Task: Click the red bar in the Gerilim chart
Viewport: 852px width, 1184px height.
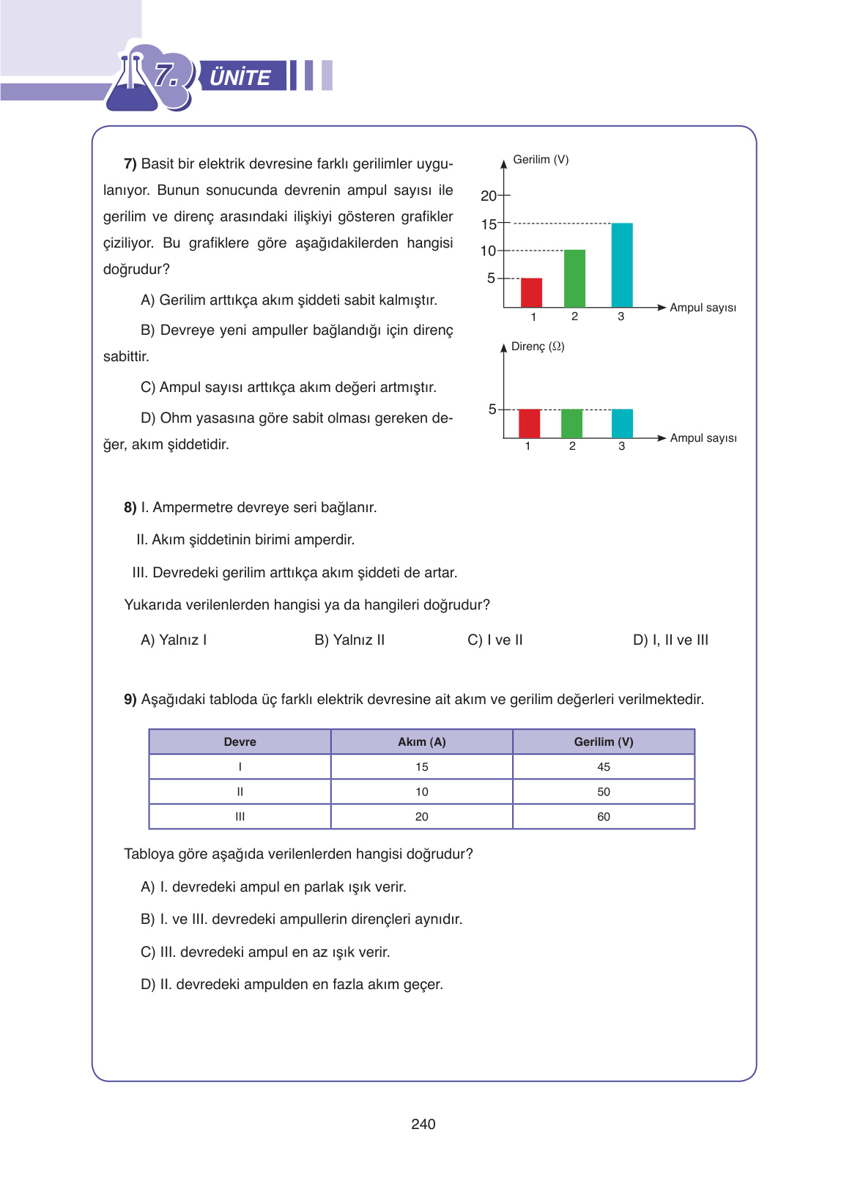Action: [x=531, y=293]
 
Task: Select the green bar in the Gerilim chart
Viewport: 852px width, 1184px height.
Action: [x=574, y=278]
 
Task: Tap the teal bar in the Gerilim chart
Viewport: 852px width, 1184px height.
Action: [x=622, y=265]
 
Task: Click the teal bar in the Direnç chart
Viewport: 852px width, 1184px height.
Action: [x=622, y=423]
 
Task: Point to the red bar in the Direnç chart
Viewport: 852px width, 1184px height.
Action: [x=529, y=423]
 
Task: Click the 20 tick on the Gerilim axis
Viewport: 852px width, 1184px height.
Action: [x=489, y=196]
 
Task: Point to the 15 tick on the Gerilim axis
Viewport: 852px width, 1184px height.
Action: [x=489, y=224]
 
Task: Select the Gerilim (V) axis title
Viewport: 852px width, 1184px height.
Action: [x=541, y=160]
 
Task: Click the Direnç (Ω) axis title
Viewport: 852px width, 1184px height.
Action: [x=538, y=347]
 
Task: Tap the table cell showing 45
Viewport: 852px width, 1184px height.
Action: [x=603, y=767]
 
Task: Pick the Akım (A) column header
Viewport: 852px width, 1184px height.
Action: [x=421, y=742]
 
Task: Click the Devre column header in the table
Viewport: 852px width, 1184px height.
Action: [x=240, y=742]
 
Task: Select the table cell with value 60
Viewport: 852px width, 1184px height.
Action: [x=603, y=817]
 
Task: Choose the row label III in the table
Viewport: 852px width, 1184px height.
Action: [x=240, y=817]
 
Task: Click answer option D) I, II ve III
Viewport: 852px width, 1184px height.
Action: [x=670, y=640]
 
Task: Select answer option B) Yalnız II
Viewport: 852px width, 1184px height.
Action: [x=349, y=640]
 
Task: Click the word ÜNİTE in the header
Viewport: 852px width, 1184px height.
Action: [x=240, y=77]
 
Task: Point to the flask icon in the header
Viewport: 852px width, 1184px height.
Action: [x=132, y=84]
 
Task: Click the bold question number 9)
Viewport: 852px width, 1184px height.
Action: [x=130, y=700]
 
